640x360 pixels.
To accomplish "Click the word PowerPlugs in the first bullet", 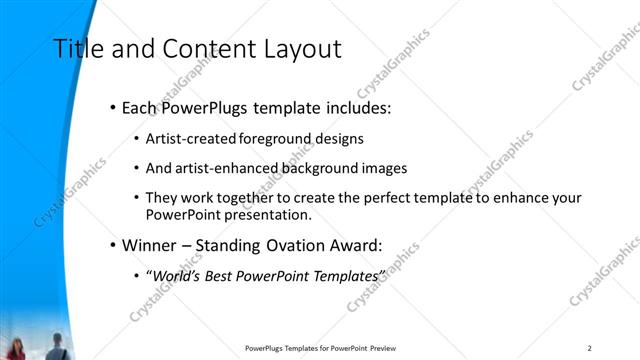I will point(204,107).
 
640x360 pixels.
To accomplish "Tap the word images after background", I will point(382,168).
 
